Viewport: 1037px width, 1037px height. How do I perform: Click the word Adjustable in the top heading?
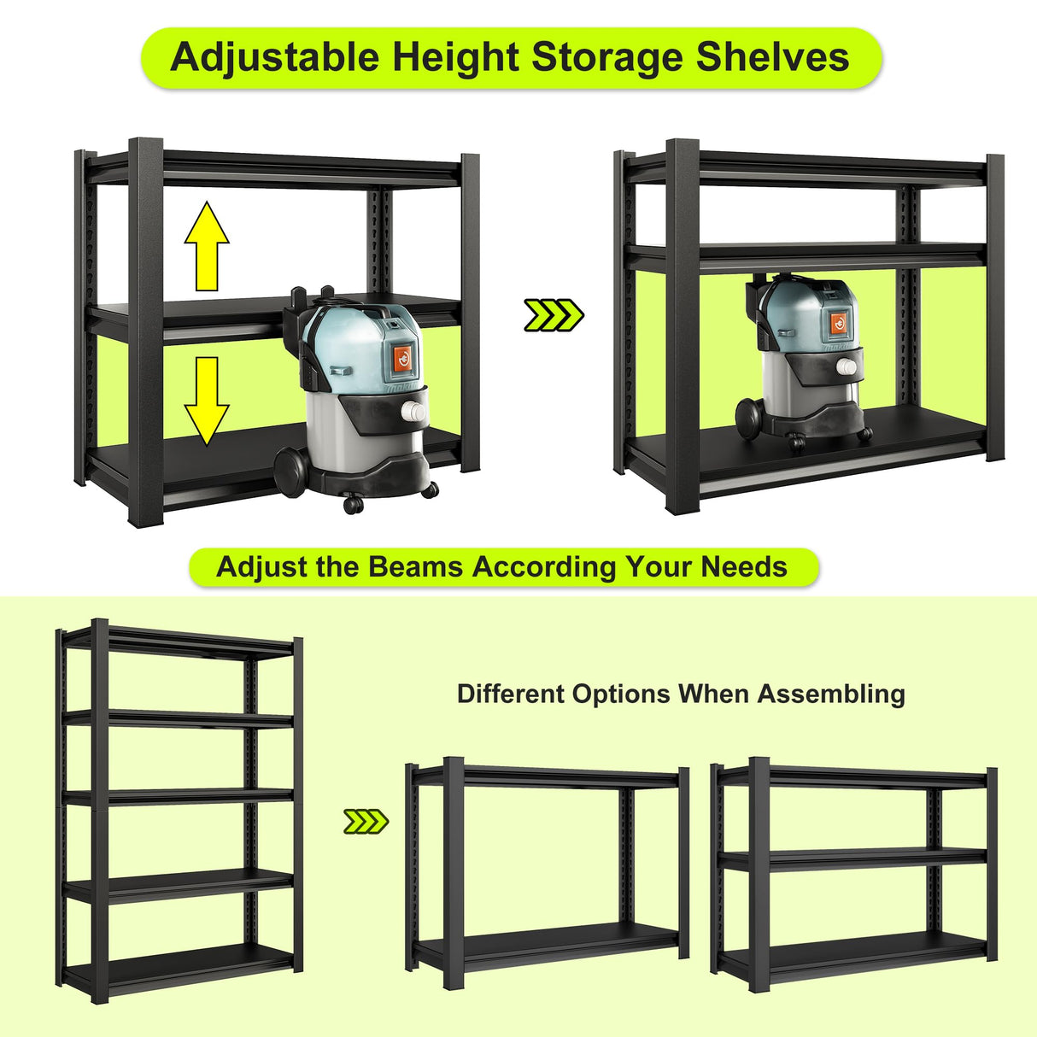[x=274, y=58]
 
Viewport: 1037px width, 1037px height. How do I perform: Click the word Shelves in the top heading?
[x=772, y=58]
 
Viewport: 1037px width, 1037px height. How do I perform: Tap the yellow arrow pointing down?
[x=207, y=400]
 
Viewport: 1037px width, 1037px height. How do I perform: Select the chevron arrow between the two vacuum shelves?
[x=554, y=315]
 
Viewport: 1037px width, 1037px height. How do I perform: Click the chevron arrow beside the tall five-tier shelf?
[x=366, y=822]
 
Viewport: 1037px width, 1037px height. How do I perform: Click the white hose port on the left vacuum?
[x=413, y=413]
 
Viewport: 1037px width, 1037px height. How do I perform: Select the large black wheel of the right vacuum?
[x=749, y=418]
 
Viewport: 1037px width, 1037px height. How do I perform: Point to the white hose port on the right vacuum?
[x=847, y=368]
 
